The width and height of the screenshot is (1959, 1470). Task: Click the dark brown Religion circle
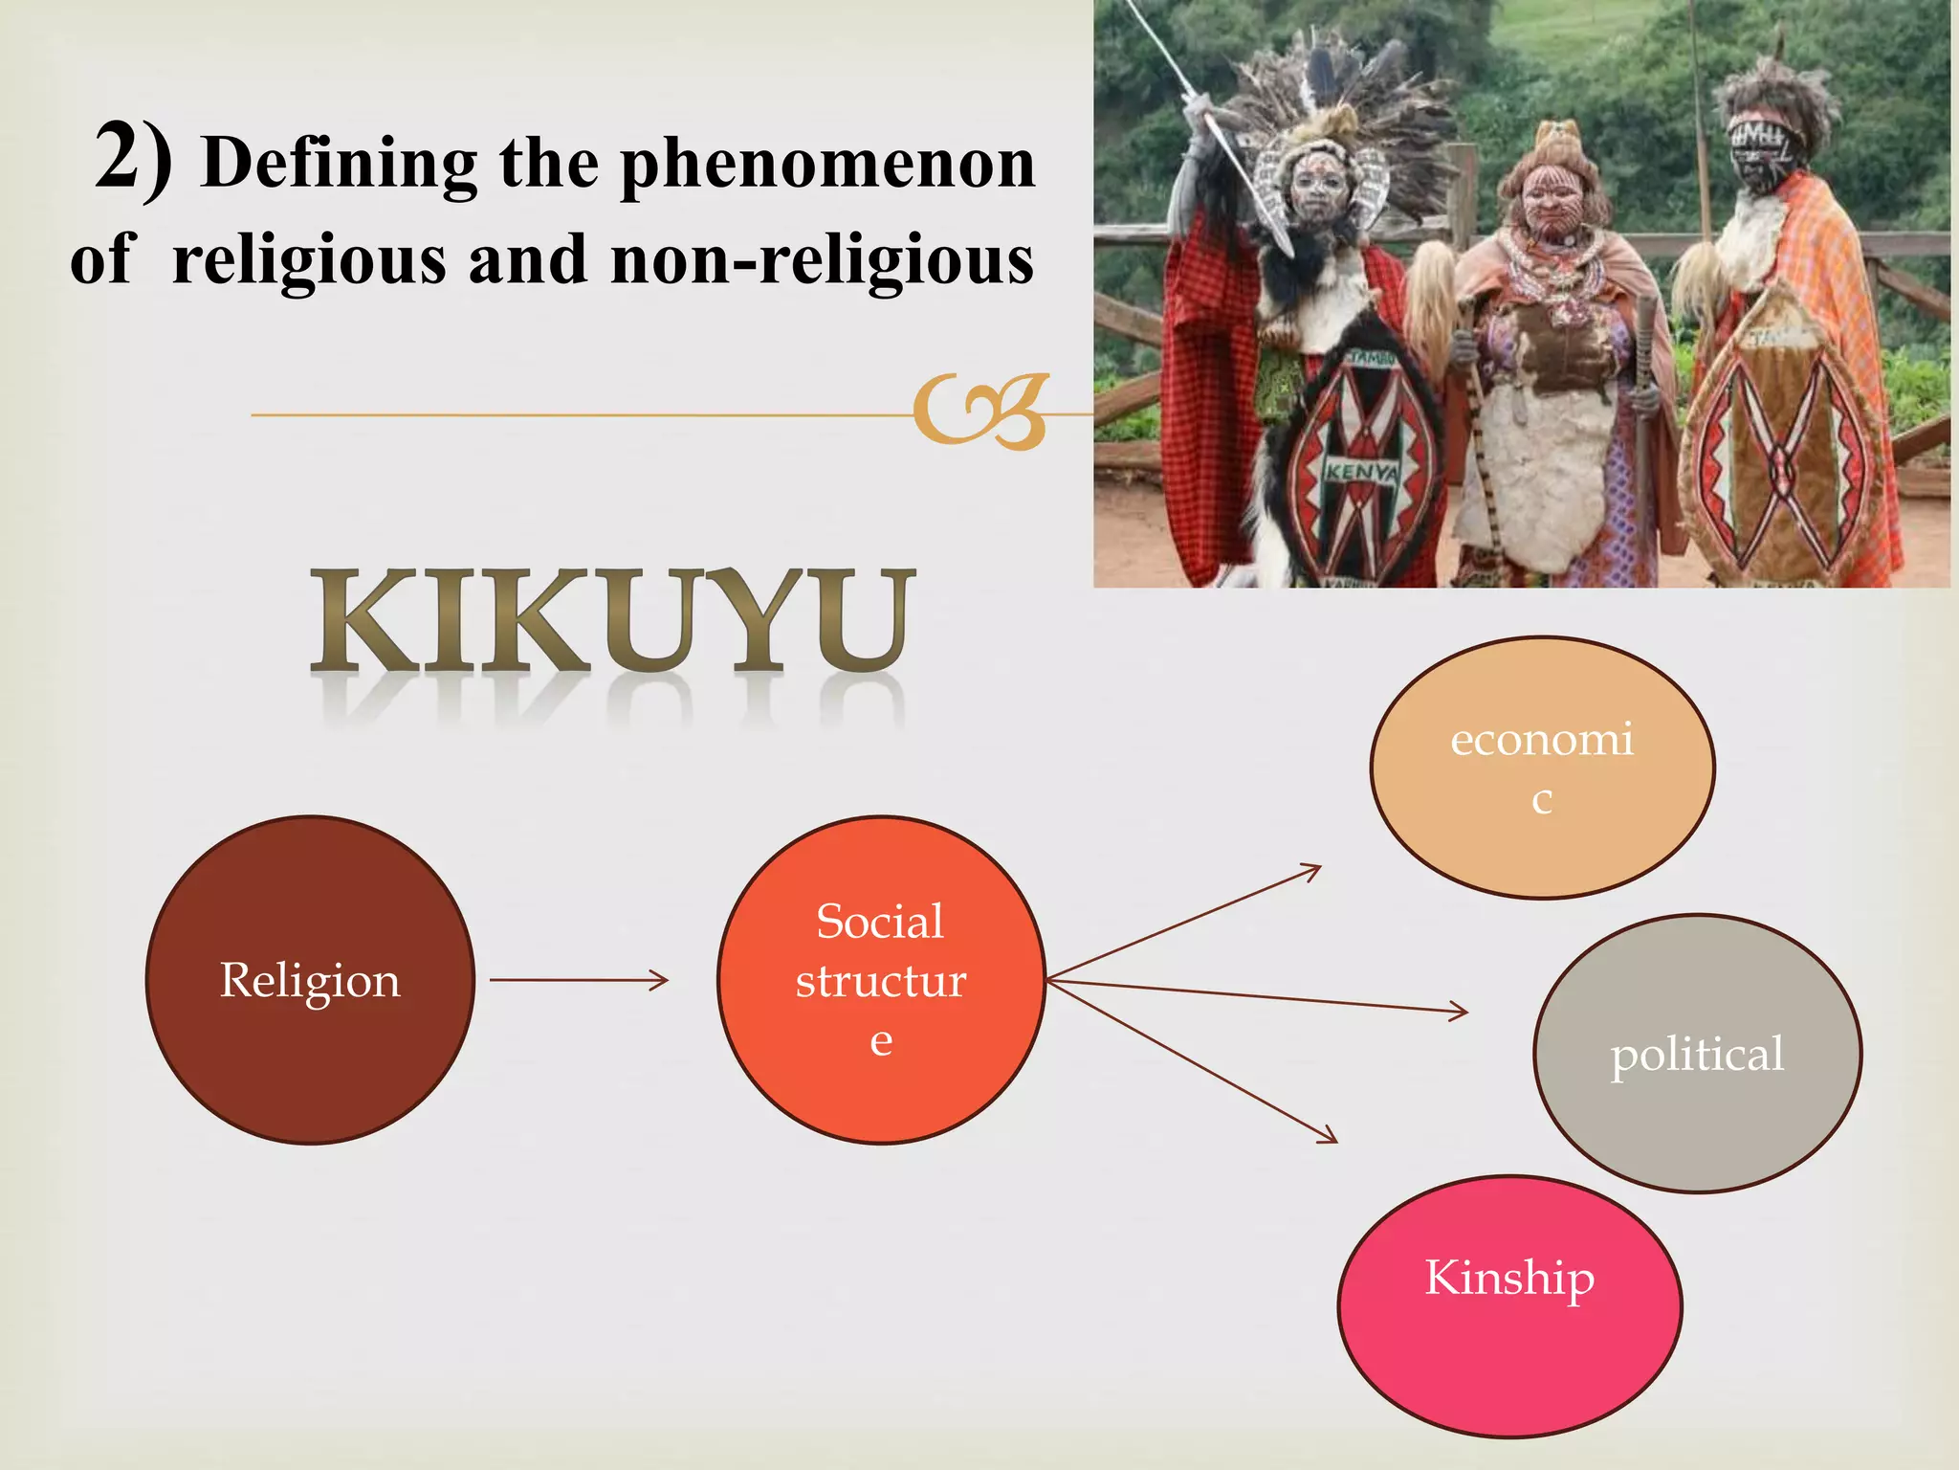[x=310, y=980]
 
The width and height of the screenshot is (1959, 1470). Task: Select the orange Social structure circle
[x=881, y=980]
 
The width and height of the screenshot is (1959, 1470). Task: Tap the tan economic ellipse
[x=1542, y=768]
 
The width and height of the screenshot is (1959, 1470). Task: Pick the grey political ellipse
[x=1697, y=1054]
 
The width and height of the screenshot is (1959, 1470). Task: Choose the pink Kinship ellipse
[x=1509, y=1306]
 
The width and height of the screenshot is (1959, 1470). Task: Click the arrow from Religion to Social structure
[x=578, y=980]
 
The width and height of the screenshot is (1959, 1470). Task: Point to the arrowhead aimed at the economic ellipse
[x=1312, y=870]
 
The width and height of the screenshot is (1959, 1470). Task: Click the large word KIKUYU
[x=612, y=622]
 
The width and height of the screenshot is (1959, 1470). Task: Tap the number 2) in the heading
[x=134, y=159]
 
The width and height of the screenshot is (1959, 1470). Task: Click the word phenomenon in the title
[x=827, y=165]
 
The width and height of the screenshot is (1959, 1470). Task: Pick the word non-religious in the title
[x=822, y=260]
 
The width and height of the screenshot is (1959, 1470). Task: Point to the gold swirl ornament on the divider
[x=980, y=412]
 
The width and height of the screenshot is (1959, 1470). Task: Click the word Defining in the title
[x=340, y=165]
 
